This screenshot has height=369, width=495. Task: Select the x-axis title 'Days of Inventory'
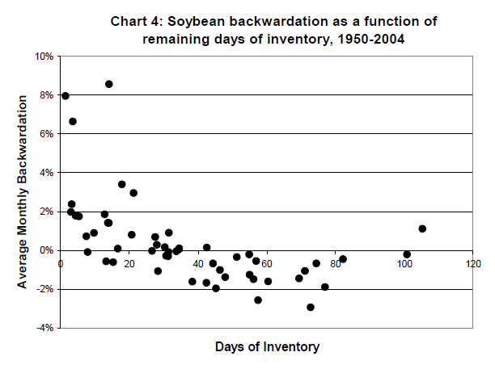(x=267, y=347)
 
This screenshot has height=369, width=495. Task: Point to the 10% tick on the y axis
(x=44, y=57)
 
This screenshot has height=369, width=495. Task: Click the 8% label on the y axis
(x=46, y=95)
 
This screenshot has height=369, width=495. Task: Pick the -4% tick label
(x=44, y=328)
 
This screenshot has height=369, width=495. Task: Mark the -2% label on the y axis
(x=44, y=289)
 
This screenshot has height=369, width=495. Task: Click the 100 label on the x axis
(x=404, y=262)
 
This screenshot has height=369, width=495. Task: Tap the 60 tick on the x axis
(x=267, y=262)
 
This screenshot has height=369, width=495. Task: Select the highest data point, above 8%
(x=108, y=84)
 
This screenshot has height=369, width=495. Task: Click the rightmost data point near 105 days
(x=422, y=229)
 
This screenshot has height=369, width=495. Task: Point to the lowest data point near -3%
(x=311, y=307)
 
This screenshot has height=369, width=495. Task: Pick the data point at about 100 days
(x=407, y=254)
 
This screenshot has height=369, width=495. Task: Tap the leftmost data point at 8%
(x=66, y=96)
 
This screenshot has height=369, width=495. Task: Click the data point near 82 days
(x=343, y=259)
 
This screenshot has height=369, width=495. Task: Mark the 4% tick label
(x=46, y=173)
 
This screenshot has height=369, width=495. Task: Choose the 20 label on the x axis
(x=129, y=262)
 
